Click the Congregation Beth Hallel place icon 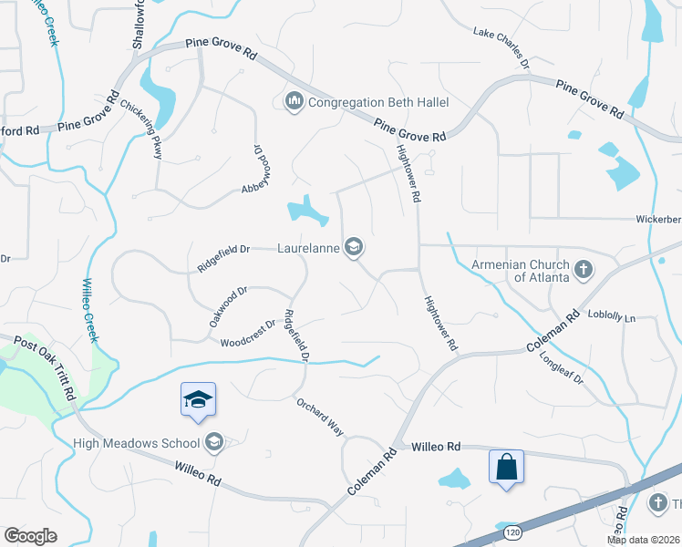click(294, 101)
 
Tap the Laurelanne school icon click(354, 247)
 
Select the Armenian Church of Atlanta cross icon click(584, 269)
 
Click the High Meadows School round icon click(213, 443)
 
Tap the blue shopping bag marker click(506, 468)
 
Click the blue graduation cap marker click(198, 401)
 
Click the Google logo click(31, 536)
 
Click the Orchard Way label click(318, 418)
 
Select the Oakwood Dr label click(228, 306)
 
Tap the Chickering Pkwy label click(145, 129)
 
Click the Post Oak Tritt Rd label click(43, 366)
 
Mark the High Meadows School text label click(137, 444)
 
